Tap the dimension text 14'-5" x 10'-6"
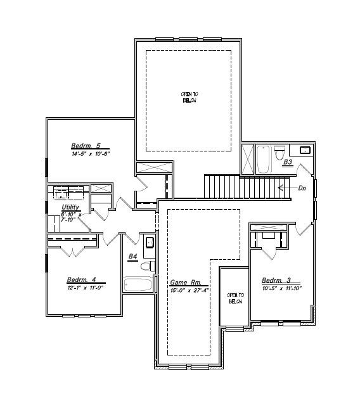click(91, 153)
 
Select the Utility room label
click(70, 207)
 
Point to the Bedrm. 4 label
click(81, 279)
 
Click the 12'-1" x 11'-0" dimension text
click(86, 288)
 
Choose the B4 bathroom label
click(133, 256)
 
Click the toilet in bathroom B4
click(146, 266)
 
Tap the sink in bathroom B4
click(150, 242)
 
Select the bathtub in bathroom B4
click(139, 284)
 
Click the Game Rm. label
click(185, 283)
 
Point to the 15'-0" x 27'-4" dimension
click(190, 291)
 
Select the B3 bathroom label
click(287, 162)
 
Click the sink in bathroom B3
click(304, 150)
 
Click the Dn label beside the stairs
click(302, 188)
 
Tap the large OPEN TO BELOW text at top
click(190, 97)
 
